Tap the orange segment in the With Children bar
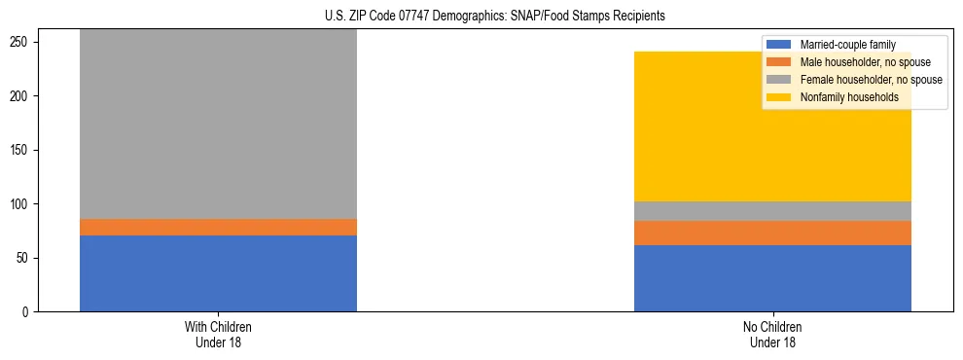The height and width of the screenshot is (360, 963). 218,227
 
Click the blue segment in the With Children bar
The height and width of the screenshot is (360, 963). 218,273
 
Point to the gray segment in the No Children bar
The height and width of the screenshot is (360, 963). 772,211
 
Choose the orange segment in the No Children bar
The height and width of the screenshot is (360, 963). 772,233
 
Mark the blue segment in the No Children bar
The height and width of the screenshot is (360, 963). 772,278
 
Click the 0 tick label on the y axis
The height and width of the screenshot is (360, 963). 28,312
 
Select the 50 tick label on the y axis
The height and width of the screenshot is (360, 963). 25,258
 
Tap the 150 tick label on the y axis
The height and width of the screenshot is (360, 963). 22,150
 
